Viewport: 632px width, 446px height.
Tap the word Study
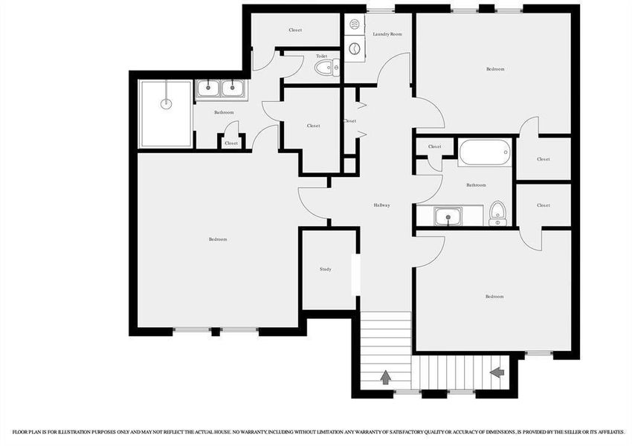326,269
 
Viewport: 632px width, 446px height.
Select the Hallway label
381,205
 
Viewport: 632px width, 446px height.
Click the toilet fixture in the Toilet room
326,69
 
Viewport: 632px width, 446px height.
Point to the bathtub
484,154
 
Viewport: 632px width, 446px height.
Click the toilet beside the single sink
497,213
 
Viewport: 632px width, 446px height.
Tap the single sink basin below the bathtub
448,217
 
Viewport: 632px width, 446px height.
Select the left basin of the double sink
209,89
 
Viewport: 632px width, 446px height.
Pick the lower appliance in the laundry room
355,50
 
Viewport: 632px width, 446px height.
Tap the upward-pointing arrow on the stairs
386,377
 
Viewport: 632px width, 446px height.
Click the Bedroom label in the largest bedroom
218,239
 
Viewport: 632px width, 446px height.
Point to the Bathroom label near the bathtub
476,185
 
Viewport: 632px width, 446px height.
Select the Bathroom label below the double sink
224,112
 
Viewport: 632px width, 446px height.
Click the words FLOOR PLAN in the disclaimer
26,431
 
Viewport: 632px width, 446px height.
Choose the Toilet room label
321,56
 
